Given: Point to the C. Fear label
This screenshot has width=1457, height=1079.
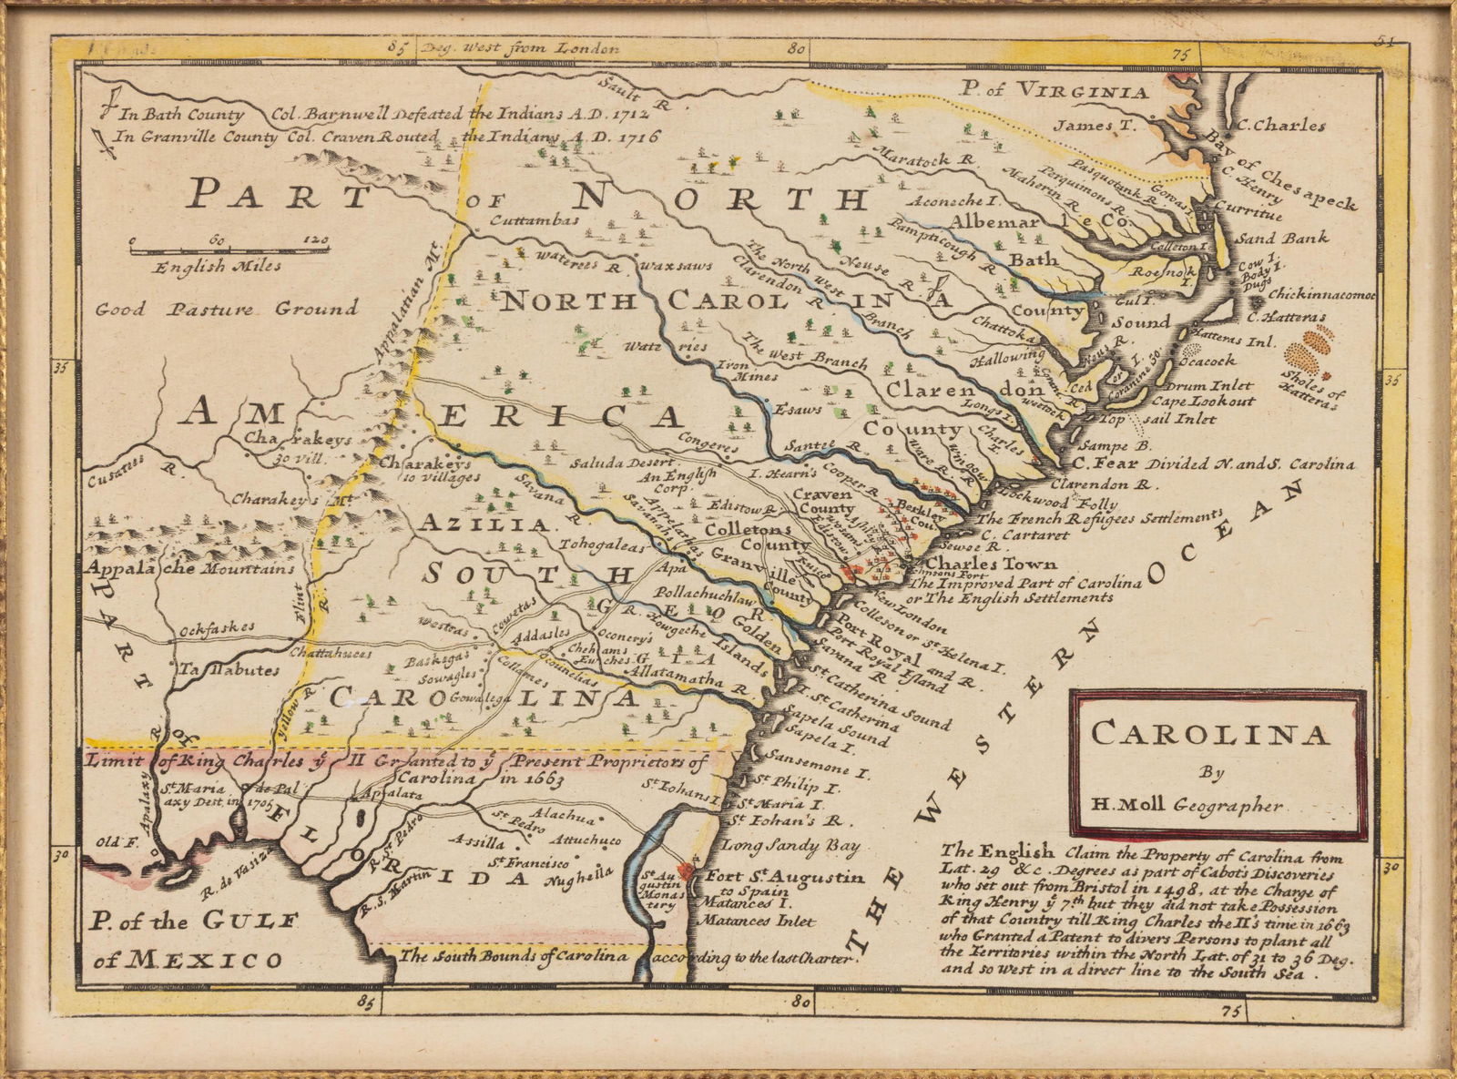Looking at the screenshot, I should (1085, 463).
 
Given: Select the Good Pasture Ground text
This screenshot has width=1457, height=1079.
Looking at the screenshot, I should (227, 309).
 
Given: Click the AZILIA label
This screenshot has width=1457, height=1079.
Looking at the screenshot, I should (484, 525).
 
